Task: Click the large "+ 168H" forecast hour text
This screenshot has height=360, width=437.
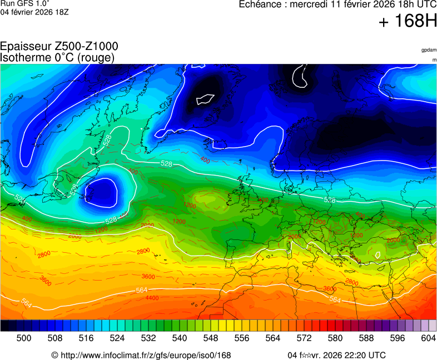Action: click(407, 22)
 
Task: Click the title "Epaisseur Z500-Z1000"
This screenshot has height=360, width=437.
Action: click(59, 47)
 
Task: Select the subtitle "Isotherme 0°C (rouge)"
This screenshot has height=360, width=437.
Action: click(57, 57)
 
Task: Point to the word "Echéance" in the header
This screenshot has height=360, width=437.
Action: click(261, 4)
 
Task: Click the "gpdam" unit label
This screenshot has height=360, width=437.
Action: click(429, 50)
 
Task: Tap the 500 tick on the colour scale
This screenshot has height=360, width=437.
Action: click(24, 338)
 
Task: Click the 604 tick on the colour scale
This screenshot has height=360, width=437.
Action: click(428, 338)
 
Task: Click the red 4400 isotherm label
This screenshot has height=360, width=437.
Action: click(152, 298)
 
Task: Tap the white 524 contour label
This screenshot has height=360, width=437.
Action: click(19, 198)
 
